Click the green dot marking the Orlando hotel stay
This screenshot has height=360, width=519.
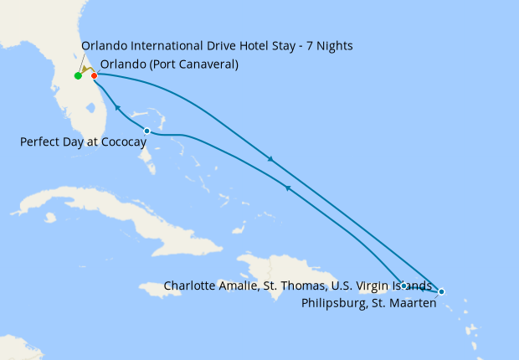(78, 76)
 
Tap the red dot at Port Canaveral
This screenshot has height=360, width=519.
(95, 76)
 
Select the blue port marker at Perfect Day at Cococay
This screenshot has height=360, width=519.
(146, 131)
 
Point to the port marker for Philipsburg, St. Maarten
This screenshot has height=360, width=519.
(441, 291)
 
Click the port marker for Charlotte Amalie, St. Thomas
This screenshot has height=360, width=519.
(404, 285)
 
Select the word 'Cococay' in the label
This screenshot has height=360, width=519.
(123, 142)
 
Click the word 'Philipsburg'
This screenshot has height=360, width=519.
(331, 303)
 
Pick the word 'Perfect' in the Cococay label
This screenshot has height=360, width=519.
(39, 142)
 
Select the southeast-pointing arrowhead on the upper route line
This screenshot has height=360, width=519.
(269, 158)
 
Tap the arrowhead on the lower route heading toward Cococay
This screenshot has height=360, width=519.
(287, 188)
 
